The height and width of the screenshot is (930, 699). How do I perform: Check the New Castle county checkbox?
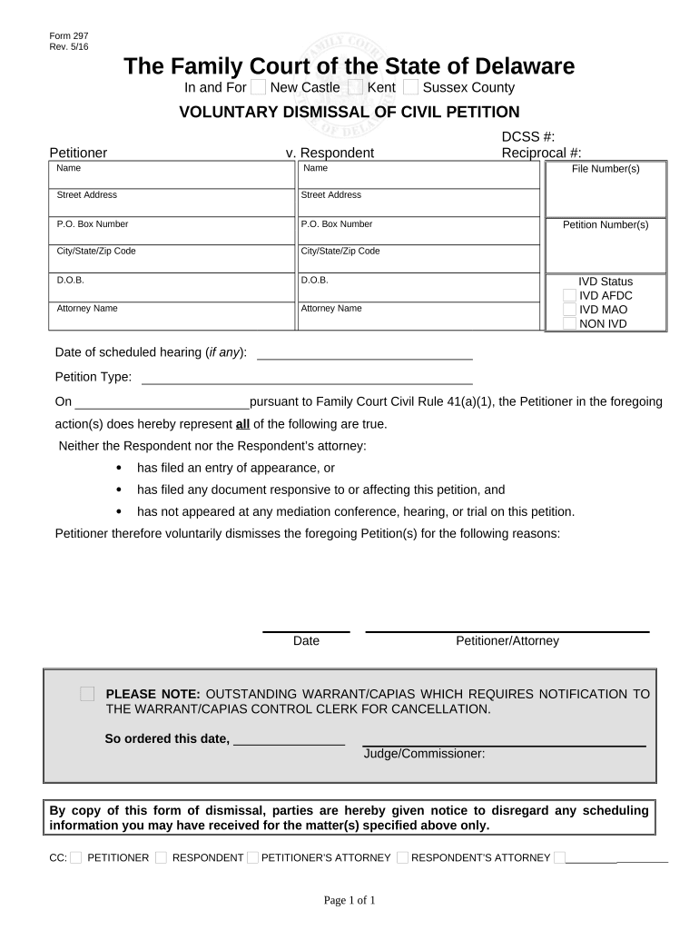tap(258, 87)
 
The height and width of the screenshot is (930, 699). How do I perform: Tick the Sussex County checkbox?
tap(410, 87)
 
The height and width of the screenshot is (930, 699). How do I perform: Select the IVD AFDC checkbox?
tap(569, 296)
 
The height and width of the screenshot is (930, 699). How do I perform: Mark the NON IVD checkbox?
tap(569, 323)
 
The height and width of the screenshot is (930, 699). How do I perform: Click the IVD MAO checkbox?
tap(569, 310)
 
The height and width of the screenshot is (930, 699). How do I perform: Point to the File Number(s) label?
tap(605, 169)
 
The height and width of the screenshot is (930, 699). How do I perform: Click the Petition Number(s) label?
tap(605, 225)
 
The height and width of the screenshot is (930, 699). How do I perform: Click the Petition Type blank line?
tap(307, 378)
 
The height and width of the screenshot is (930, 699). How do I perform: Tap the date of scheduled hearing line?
tap(364, 353)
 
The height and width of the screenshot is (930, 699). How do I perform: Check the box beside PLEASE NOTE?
tap(87, 694)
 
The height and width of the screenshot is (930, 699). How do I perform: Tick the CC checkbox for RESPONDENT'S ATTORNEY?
tap(403, 857)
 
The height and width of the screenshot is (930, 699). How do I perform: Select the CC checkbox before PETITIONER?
tap(76, 857)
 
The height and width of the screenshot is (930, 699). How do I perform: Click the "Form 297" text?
tap(69, 35)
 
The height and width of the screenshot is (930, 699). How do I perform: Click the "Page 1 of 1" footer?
tap(349, 900)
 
